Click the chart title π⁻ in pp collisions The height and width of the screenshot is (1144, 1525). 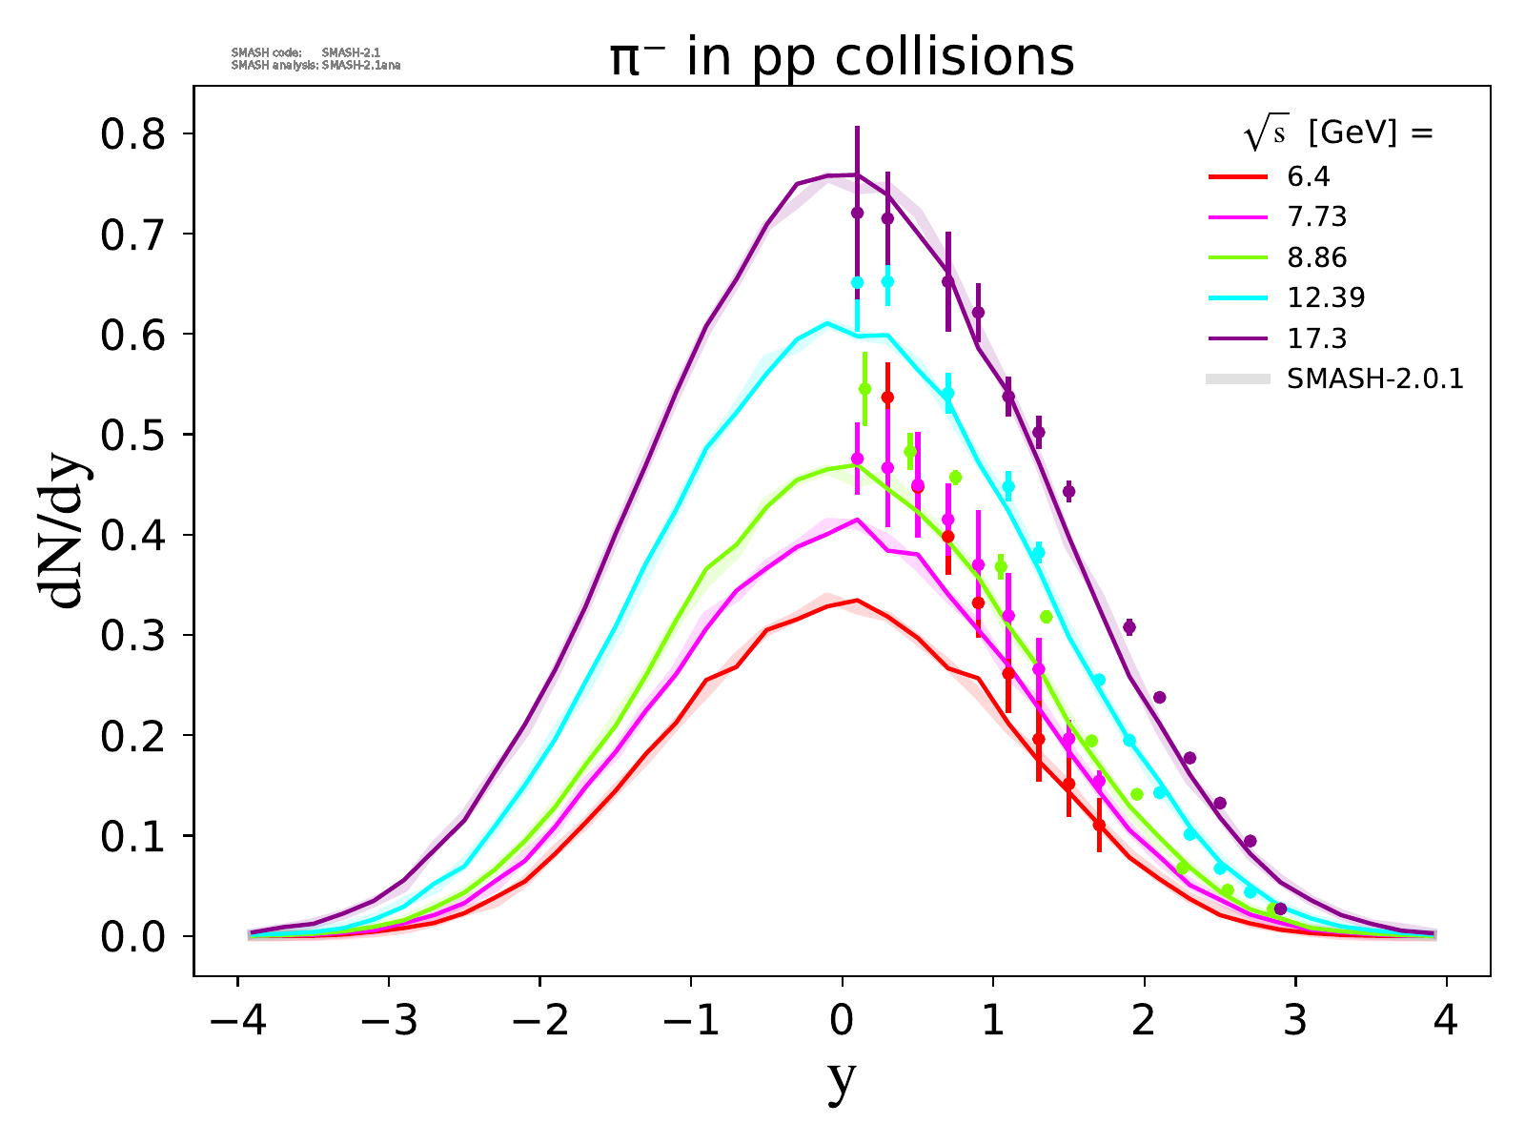point(842,57)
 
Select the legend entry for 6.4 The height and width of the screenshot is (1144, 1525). point(1308,176)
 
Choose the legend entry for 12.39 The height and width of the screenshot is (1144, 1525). point(1326,298)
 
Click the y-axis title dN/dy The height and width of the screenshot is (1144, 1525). point(64,536)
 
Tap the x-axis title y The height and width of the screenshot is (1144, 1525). point(842,1079)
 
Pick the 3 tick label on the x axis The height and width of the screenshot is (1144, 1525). point(1295,1022)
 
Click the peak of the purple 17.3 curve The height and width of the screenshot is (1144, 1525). point(857,174)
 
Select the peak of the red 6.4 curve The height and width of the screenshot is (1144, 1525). point(857,600)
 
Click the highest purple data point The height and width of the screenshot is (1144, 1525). point(857,213)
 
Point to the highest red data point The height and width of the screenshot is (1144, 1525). point(887,397)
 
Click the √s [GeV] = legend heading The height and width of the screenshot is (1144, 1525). point(1338,134)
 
